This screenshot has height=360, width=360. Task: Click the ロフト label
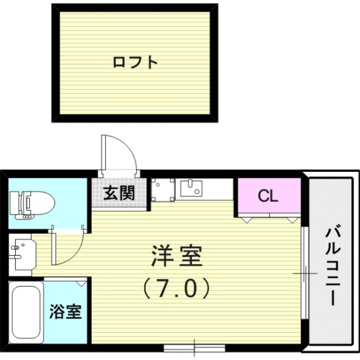click(135, 62)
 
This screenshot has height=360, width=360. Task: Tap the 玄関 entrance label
click(119, 193)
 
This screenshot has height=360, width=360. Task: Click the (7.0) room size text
click(177, 288)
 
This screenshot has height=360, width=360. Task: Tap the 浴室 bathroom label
click(65, 311)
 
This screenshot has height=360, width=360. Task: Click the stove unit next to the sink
click(163, 189)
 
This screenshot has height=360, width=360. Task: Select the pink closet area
click(269, 196)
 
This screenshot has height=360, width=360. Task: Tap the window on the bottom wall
click(194, 347)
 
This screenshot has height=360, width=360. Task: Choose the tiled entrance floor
click(119, 194)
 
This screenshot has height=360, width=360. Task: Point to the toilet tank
click(15, 203)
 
